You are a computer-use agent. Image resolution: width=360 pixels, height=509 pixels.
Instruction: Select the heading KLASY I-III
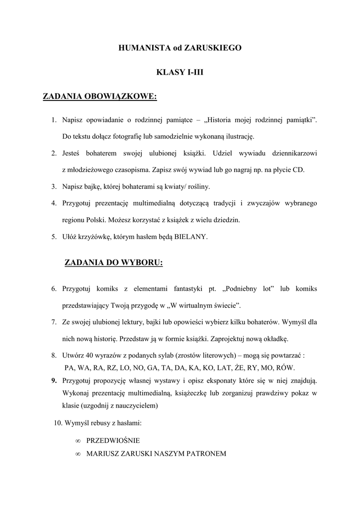180,72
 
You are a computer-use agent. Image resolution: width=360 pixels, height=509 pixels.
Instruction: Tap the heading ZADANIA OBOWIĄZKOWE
100,96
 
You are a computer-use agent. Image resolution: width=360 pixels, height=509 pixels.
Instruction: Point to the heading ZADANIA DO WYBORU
114,263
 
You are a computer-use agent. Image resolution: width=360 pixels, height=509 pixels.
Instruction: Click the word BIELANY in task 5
191,237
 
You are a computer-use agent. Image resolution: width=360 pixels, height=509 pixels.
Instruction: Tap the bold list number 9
54,381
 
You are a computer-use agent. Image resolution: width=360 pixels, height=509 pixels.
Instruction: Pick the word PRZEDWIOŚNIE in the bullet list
113,441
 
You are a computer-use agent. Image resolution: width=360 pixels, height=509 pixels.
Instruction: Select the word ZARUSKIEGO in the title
213,48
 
